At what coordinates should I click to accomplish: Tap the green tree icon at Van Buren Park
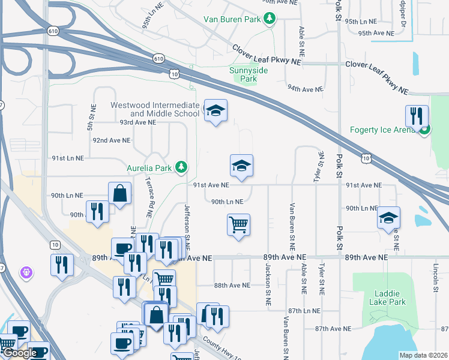pos(270,19)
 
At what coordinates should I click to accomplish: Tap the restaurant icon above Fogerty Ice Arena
pos(416,115)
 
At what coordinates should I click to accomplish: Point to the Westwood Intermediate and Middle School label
pos(155,109)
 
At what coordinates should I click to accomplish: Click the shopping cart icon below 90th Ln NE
pos(239,225)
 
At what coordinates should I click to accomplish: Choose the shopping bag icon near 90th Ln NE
pos(119,193)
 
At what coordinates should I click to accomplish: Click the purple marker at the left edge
pos(26,273)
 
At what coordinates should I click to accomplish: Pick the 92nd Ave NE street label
pos(111,140)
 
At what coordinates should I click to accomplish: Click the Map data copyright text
pos(423,355)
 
